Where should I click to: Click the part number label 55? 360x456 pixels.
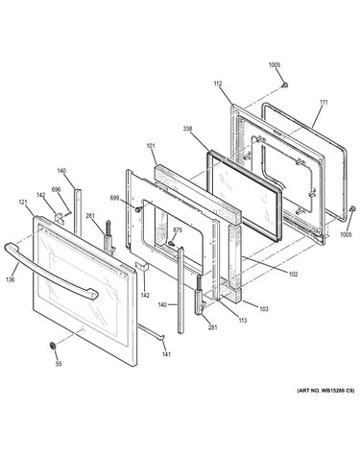click(59, 364)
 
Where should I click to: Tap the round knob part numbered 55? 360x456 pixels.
click(53, 346)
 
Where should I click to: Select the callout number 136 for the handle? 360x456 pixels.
click(11, 279)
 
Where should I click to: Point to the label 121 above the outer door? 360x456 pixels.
click(23, 203)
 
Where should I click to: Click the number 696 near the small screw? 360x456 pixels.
click(56, 190)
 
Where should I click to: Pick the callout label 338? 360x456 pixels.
click(187, 129)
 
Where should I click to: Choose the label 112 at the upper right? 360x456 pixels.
click(218, 84)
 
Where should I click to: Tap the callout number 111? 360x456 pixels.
click(324, 103)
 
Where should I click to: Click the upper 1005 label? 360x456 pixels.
click(275, 65)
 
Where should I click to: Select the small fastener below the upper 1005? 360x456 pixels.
click(284, 84)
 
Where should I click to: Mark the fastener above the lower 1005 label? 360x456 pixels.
click(352, 209)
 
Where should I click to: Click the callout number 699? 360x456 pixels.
click(115, 199)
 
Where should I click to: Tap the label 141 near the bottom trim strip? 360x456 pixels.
click(166, 354)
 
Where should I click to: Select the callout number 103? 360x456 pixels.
click(264, 309)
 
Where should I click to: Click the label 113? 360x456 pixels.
click(243, 321)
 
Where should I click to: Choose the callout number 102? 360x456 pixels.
click(293, 275)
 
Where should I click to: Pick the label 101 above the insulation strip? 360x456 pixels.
click(151, 146)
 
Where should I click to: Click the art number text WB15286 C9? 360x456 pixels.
click(337, 391)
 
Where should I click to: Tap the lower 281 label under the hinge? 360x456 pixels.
click(213, 327)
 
